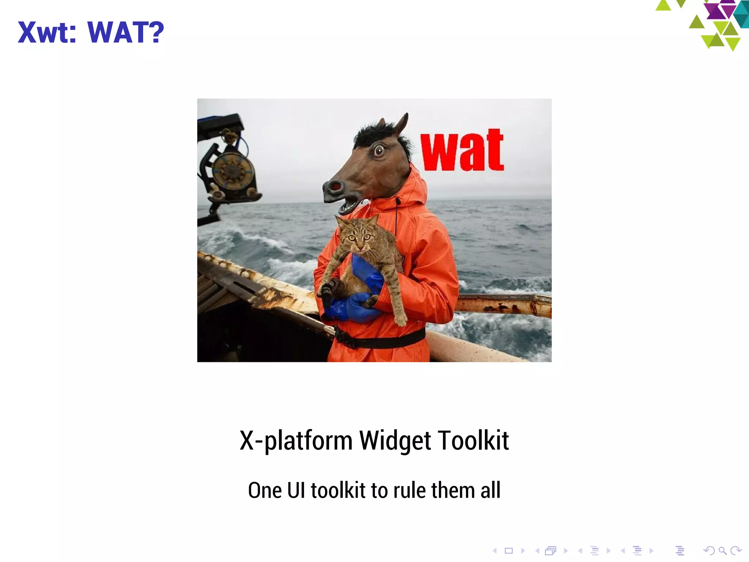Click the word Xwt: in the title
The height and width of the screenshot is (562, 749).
point(47,33)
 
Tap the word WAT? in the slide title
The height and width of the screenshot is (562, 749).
point(126,33)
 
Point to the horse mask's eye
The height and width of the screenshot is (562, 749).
point(379,150)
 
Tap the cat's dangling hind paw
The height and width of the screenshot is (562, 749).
point(401,320)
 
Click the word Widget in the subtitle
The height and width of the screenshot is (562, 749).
point(395,441)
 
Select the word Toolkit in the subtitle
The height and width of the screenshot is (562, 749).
point(473,441)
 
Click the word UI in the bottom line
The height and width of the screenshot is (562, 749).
point(296,490)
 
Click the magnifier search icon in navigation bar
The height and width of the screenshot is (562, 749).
point(722,551)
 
